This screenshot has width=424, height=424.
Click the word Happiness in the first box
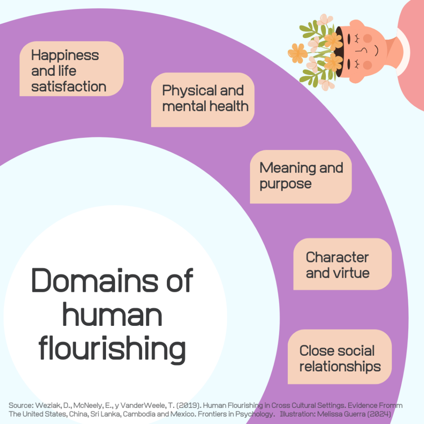65,55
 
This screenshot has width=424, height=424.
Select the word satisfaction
69,87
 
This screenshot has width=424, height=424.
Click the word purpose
285,184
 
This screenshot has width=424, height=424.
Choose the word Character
337,257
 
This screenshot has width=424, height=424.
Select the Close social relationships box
340,357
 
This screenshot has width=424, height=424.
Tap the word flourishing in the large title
112,349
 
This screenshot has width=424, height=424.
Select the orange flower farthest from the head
298,53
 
